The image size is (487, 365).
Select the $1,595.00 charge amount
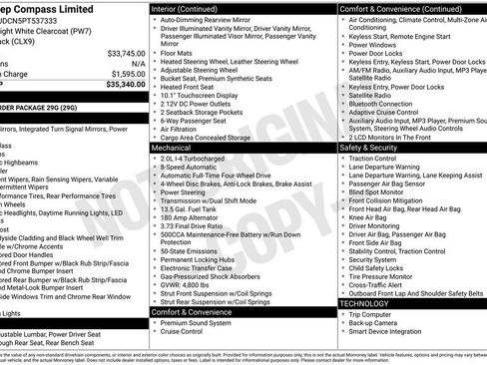pyautogui.click(x=127, y=73)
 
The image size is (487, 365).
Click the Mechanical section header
pyautogui.click(x=173, y=146)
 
